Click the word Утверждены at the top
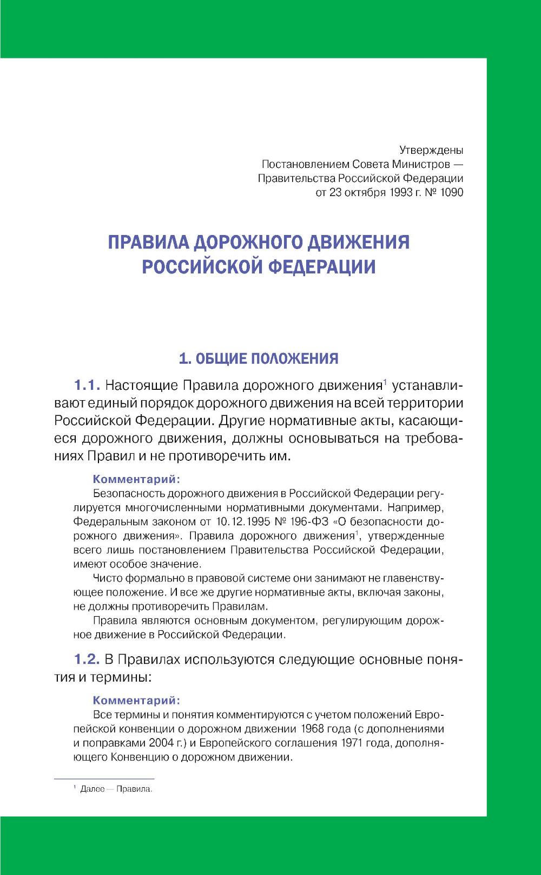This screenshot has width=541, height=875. tap(431, 150)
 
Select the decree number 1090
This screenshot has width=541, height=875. tap(451, 192)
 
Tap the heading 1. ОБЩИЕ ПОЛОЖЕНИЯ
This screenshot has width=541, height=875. tap(259, 358)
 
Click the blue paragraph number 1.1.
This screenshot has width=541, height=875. tap(87, 386)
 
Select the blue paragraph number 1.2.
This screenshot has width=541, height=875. tap(87, 659)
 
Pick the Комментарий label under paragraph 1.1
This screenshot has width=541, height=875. tap(136, 479)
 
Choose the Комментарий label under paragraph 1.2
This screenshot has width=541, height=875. tap(136, 701)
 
